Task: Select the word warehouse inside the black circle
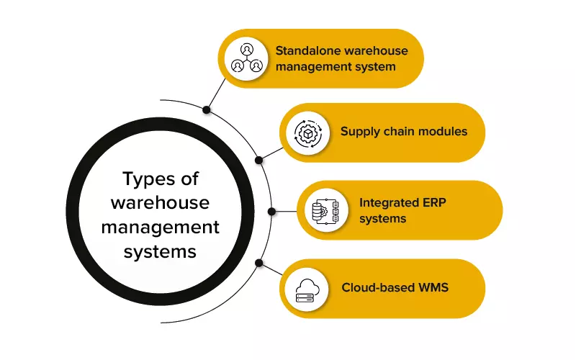coord(160,202)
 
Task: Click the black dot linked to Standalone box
coord(207,110)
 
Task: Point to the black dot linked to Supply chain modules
coord(259,158)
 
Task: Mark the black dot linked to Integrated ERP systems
coord(272,212)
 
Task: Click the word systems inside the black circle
coord(160,252)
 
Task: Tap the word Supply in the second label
coord(359,132)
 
